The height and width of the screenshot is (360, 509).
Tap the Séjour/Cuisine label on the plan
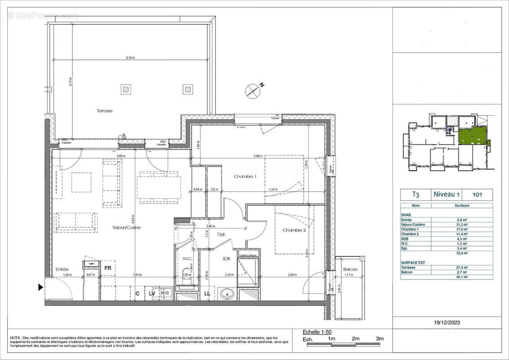(127, 228)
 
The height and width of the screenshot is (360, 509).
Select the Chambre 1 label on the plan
(245, 176)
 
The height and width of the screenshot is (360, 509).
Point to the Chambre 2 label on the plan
(295, 230)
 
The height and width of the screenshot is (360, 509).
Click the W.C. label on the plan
(188, 258)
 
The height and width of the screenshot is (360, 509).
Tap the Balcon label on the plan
(350, 270)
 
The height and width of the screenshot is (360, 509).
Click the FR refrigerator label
(108, 268)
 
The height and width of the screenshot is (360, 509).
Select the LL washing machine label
(207, 294)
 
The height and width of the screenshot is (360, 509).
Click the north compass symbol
(253, 90)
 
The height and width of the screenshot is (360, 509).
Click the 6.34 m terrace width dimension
(130, 58)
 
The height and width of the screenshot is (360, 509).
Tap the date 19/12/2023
(447, 323)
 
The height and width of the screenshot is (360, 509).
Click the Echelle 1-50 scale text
(317, 332)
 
